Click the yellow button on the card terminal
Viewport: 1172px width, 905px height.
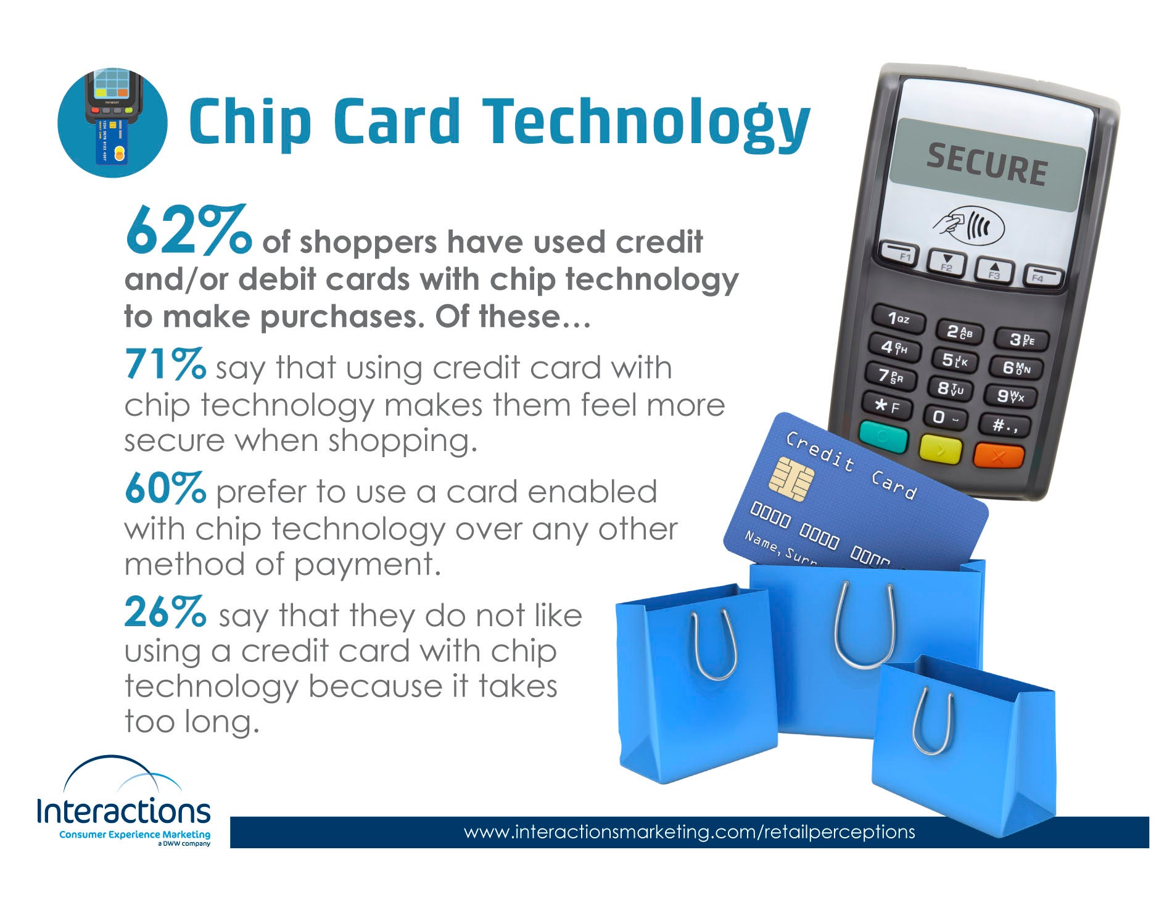(x=940, y=449)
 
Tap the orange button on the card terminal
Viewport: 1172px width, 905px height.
(x=999, y=456)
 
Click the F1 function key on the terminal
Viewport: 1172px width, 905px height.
(x=899, y=252)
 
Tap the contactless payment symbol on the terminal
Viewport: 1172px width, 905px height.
(x=968, y=225)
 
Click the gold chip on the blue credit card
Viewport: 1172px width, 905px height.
(x=791, y=479)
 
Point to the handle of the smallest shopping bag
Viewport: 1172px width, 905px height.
(x=932, y=722)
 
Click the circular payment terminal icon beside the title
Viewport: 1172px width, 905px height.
(x=112, y=123)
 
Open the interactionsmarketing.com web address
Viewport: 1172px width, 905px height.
(x=689, y=832)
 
